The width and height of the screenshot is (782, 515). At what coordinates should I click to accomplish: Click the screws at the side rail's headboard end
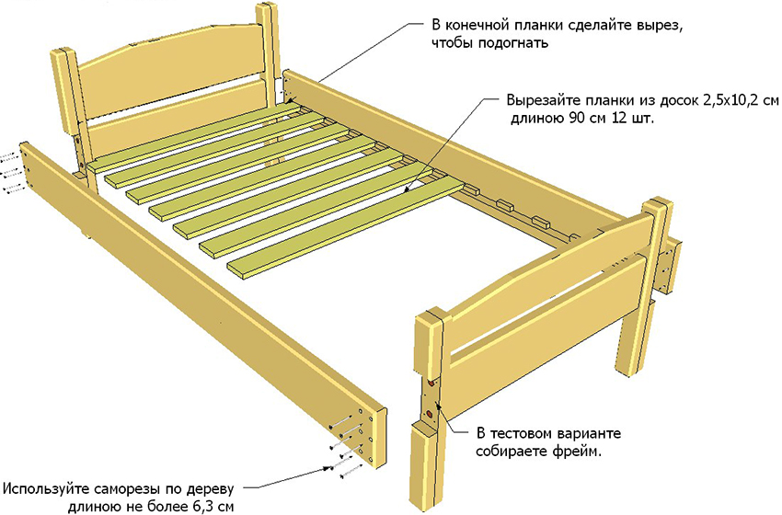pyautogui.click(x=11, y=171)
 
